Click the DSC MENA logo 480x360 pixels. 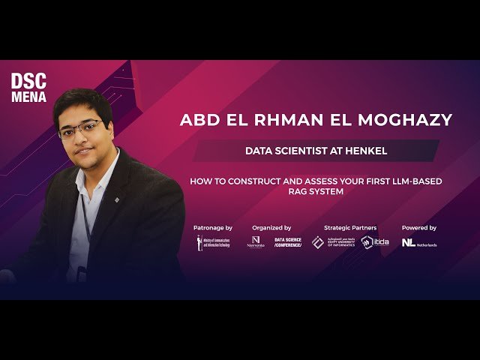pos(29,87)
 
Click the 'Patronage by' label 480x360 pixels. pos(213,227)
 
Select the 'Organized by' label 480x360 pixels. pos(271,227)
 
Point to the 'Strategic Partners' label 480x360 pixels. pos(350,227)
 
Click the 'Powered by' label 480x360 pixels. pos(418,227)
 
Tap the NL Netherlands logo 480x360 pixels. pos(419,243)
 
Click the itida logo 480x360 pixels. pos(375,242)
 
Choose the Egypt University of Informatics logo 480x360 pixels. pos(334,242)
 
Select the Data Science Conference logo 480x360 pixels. pos(286,242)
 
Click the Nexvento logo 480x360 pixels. pos(256,242)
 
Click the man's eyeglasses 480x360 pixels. pos(81,130)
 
